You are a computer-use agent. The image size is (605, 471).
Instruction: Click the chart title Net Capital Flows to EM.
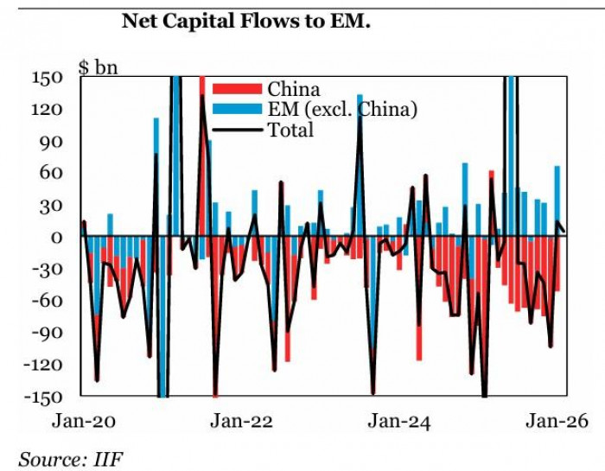[x=245, y=21]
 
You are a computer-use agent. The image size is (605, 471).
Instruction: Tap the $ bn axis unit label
[x=98, y=67]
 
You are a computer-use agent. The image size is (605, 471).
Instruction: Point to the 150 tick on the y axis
[x=48, y=78]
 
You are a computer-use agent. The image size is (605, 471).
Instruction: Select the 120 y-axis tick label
[x=48, y=110]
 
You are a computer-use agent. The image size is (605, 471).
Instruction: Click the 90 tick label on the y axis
[x=53, y=142]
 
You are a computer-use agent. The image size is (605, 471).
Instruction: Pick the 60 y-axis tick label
[x=53, y=173]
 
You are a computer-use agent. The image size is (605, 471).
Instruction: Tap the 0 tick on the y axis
[x=57, y=238]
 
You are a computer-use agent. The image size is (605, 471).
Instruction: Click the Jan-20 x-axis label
[x=83, y=422]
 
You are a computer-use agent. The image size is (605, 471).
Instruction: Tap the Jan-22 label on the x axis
[x=242, y=422]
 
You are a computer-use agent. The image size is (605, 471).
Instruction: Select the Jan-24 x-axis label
[x=399, y=422]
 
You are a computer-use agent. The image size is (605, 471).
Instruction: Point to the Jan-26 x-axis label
[x=557, y=422]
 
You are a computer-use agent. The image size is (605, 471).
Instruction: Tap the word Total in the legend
[x=291, y=130]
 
